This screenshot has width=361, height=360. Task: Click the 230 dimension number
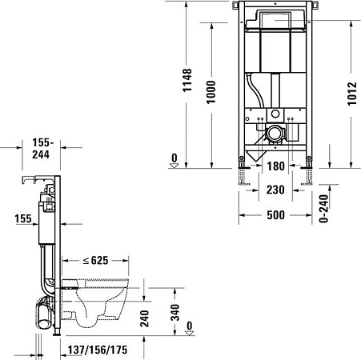pyautogui.click(x=275, y=191)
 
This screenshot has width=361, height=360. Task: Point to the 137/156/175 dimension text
pyautogui.click(x=96, y=350)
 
